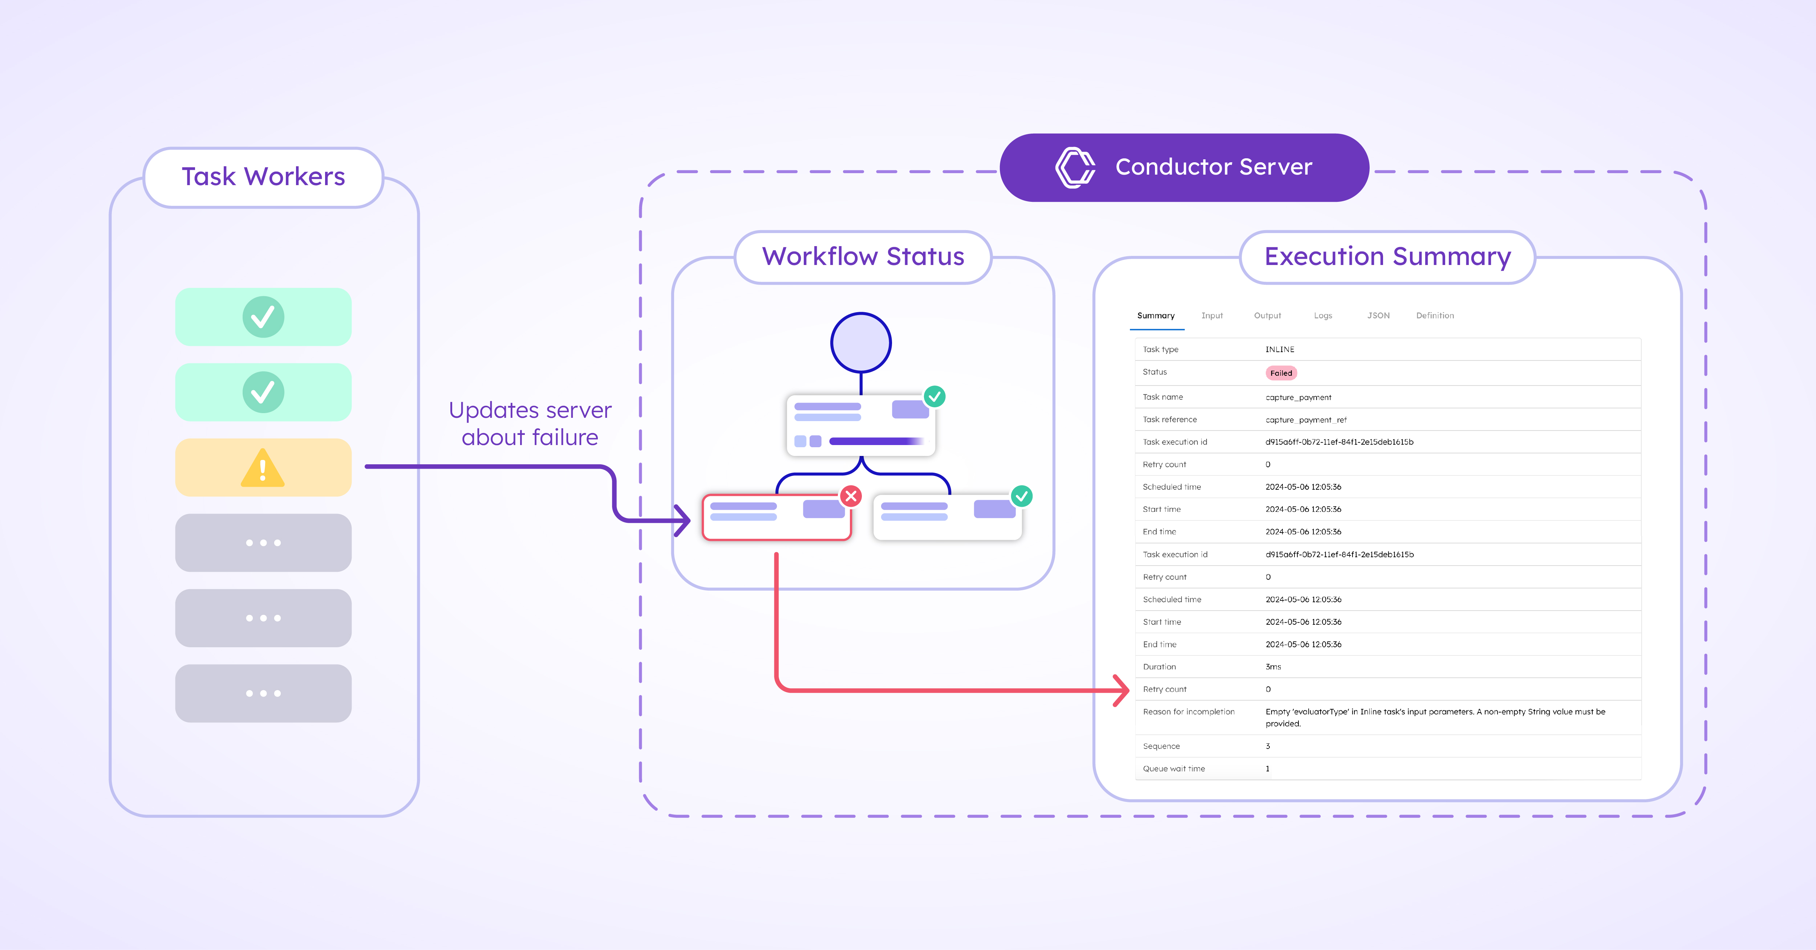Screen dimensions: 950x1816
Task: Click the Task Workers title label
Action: pos(263,177)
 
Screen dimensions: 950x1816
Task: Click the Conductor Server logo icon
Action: pos(1074,168)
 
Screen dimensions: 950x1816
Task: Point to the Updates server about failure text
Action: pos(530,424)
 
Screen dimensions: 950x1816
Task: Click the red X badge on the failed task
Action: pos(851,496)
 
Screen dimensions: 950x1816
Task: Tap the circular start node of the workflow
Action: pos(861,343)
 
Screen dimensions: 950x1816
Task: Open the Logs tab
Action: pos(1322,316)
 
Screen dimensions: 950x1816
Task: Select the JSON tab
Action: pos(1378,316)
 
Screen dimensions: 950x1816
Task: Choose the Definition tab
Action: pos(1435,316)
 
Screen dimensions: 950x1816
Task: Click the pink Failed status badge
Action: pos(1281,373)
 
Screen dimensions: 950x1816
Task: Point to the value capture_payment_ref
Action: pos(1306,420)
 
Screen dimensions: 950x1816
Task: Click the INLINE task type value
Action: pos(1280,350)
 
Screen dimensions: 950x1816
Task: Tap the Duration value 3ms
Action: pos(1273,667)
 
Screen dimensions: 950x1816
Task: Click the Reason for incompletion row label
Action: pos(1189,712)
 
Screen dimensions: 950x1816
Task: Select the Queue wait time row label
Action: pos(1174,769)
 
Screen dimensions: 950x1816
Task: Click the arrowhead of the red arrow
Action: pos(1122,690)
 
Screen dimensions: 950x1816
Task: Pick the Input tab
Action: pos(1212,316)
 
